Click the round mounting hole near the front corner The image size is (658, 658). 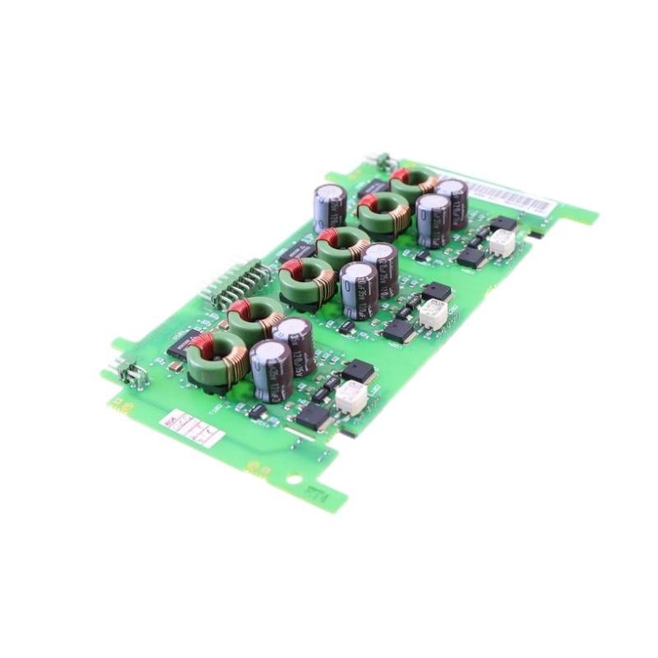pos(294,479)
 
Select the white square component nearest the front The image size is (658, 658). pos(351,396)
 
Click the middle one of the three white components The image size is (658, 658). pos(433,313)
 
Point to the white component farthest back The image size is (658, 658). pos(502,241)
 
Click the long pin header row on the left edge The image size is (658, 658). pos(238,282)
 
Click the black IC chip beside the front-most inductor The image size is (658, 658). pos(183,343)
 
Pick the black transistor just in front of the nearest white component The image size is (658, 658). pos(314,417)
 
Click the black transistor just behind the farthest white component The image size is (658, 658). pos(503,223)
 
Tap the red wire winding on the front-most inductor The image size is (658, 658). pos(202,344)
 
